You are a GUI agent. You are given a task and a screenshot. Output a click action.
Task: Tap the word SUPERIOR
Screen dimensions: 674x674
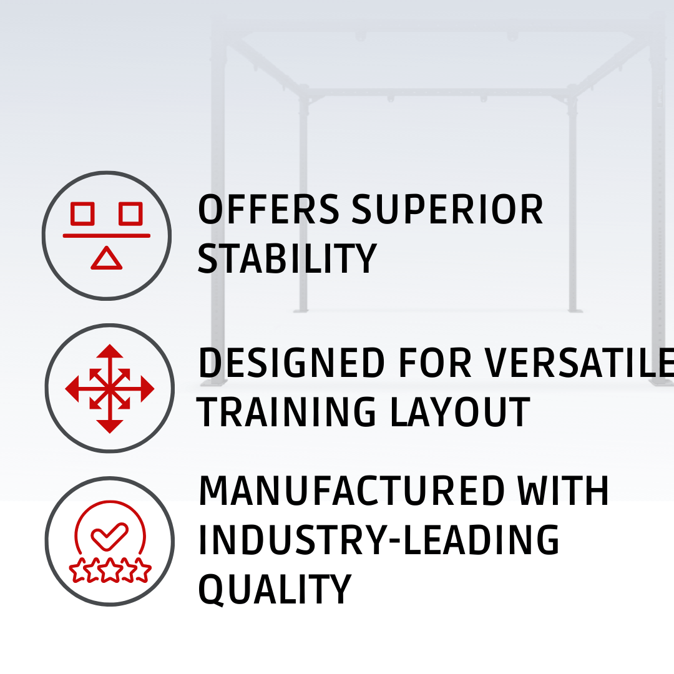tap(447, 209)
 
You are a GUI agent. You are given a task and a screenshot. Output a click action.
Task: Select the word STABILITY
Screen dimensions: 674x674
tap(287, 258)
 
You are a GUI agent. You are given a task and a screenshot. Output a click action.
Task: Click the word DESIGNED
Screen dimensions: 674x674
tap(291, 363)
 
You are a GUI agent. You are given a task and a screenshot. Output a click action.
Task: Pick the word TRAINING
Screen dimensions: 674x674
tap(286, 412)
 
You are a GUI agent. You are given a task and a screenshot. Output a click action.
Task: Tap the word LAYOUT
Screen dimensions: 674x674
tap(460, 412)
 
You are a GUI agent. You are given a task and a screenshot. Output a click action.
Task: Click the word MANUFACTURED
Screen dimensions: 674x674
tap(351, 491)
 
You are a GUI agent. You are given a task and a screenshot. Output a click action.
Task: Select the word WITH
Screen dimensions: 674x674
tap(563, 491)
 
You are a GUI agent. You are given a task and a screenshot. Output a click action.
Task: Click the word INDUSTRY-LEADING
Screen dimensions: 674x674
tap(379, 539)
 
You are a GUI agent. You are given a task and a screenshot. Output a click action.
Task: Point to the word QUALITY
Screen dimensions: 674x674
tap(275, 590)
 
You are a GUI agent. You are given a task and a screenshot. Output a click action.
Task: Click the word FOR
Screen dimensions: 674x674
tap(434, 363)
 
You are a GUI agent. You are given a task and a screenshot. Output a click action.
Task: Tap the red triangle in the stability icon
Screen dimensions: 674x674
tap(107, 259)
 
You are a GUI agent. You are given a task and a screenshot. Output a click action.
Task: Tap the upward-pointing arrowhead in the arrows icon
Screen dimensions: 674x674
tap(110, 351)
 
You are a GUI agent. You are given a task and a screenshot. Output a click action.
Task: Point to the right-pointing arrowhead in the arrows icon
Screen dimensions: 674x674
tap(147, 389)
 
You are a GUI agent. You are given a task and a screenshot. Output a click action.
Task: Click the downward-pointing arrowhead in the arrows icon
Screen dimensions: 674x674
tap(110, 426)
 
